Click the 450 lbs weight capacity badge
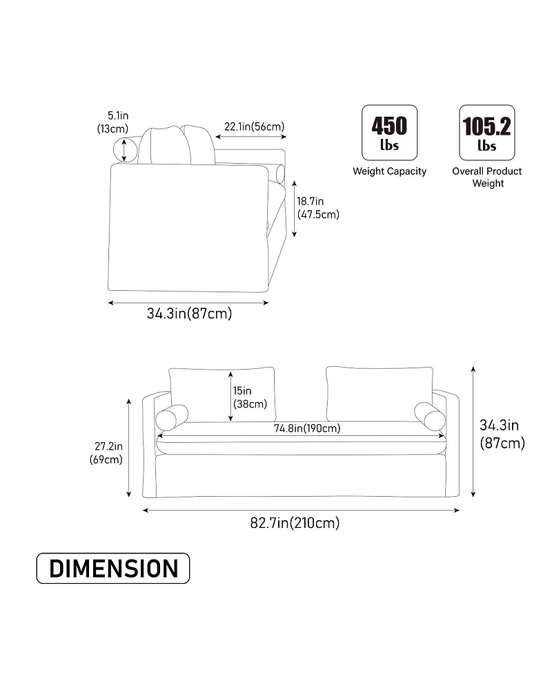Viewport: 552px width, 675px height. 389,133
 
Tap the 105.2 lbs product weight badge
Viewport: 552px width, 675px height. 486,133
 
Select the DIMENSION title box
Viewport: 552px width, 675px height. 113,568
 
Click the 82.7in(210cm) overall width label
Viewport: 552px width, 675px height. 295,523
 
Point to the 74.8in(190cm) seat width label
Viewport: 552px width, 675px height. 307,428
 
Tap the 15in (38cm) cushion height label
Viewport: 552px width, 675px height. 250,397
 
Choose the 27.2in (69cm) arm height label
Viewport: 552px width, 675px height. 107,453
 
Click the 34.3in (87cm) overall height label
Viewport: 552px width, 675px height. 502,434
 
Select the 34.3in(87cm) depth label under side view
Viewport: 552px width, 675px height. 189,314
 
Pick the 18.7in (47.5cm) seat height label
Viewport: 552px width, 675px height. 317,208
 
